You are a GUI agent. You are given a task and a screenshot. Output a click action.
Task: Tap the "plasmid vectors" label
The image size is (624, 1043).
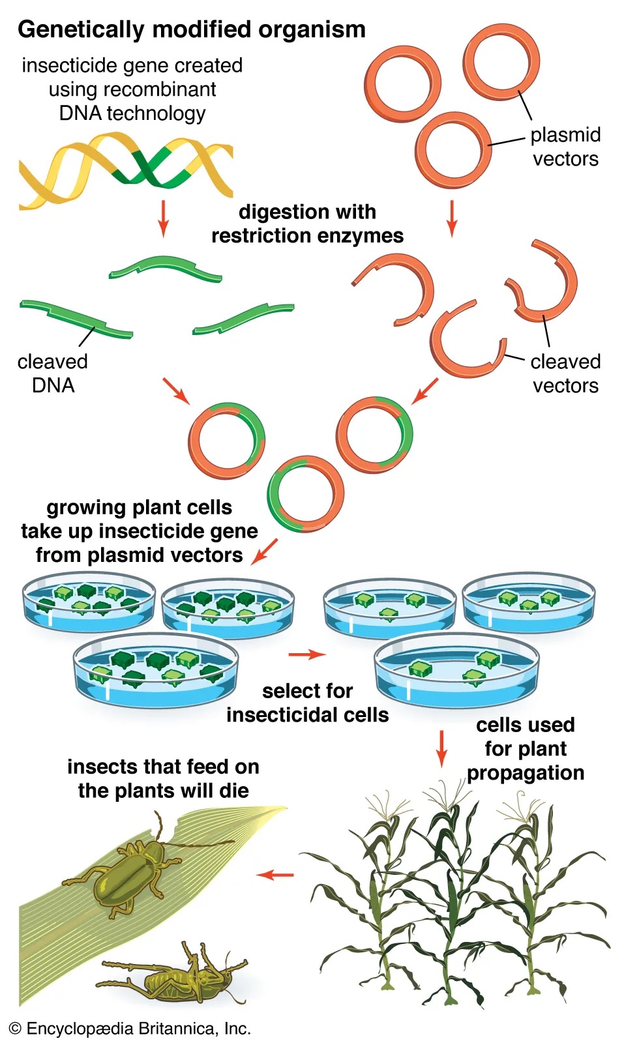[565, 147]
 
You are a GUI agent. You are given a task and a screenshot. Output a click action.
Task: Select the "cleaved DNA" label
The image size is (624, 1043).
[53, 373]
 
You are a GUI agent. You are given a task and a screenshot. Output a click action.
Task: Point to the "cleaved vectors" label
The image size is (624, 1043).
[565, 373]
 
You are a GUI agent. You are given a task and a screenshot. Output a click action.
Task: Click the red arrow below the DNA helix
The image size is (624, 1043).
[163, 218]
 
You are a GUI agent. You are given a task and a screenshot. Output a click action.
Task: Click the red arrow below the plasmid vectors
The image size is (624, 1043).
[451, 218]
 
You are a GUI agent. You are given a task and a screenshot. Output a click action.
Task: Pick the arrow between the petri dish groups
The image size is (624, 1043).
[306, 654]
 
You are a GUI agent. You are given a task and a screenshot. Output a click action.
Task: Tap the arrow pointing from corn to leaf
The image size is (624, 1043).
[275, 875]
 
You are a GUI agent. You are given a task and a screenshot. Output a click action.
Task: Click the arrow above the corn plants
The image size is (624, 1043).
[441, 748]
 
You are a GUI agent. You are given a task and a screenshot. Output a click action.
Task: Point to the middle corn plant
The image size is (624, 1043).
[450, 900]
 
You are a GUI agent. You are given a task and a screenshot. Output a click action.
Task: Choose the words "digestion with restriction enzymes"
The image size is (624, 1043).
[307, 224]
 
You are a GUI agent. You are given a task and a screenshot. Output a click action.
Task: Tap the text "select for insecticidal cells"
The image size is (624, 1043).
[307, 703]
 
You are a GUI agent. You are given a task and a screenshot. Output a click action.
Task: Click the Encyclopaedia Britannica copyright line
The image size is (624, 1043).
[130, 1029]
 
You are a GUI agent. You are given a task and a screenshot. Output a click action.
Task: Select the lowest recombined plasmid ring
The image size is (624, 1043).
[305, 493]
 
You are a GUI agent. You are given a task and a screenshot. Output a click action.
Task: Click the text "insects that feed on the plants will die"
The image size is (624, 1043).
[163, 778]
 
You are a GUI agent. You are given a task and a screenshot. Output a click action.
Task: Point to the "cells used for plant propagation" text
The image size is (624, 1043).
[526, 748]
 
